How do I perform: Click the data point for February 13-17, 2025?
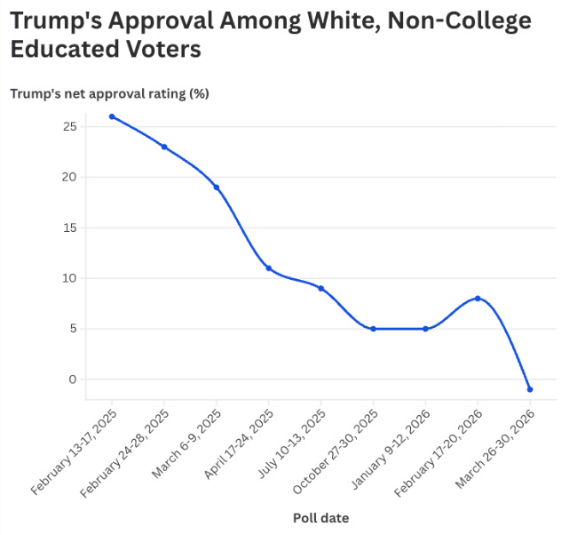[x=112, y=116]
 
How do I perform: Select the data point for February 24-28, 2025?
[x=164, y=147]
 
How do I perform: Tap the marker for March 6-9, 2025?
[x=217, y=188]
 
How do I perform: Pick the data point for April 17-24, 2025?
[x=269, y=268]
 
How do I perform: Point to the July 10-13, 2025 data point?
[x=321, y=288]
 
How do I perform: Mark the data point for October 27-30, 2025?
[x=374, y=329]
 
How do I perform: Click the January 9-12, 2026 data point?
[x=426, y=329]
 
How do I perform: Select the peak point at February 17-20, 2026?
[x=478, y=299]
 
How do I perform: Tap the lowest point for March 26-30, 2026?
[x=530, y=389]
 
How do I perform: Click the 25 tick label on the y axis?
[x=69, y=127]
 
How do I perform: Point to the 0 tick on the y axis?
[x=73, y=379]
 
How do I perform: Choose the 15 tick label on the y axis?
[x=69, y=228]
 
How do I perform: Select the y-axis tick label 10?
[x=69, y=278]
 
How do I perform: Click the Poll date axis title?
[x=320, y=517]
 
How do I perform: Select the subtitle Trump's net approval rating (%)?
[x=109, y=92]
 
